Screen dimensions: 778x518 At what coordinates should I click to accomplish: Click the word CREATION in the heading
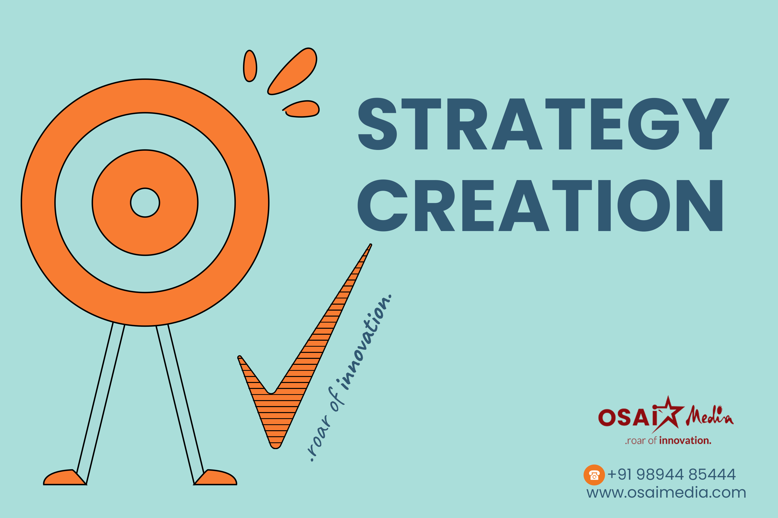[x=540, y=205]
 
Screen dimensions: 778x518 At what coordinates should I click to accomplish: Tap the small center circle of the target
[x=145, y=202]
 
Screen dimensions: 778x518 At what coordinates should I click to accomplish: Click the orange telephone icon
[x=594, y=475]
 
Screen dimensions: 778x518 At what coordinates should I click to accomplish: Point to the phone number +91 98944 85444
[x=671, y=474]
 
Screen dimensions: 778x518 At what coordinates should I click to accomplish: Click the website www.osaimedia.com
[x=666, y=493]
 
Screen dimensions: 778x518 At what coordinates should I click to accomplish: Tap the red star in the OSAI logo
[x=668, y=414]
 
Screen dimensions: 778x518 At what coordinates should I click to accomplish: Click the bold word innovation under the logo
[x=685, y=440]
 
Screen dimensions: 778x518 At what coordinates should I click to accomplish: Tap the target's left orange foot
[x=65, y=477]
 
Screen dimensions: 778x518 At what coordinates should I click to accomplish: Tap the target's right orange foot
[x=215, y=477]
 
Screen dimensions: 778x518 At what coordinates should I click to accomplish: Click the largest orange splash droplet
[x=292, y=71]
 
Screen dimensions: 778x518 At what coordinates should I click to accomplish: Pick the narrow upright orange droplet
[x=250, y=66]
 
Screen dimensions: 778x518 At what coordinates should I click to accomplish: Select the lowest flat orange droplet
[x=301, y=109]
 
